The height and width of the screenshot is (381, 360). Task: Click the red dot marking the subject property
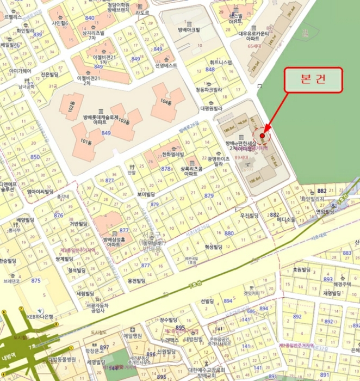(x=262, y=136)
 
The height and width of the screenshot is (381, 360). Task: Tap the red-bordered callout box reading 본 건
(x=314, y=79)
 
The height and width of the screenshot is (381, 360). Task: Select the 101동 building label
(x=85, y=143)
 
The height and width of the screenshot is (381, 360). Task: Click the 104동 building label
(x=166, y=102)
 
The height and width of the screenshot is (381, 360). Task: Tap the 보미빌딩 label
(x=146, y=194)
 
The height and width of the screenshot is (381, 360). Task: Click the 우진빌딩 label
(x=250, y=216)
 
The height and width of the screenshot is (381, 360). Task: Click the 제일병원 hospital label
(x=132, y=336)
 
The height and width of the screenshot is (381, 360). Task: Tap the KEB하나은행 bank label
(x=38, y=316)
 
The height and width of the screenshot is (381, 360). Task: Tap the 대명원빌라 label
(x=212, y=108)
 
